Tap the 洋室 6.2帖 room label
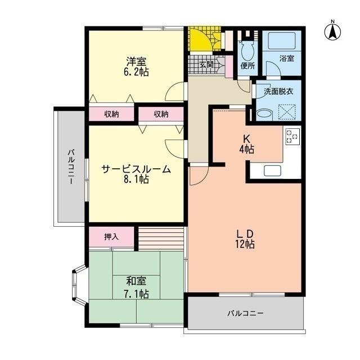(x=137, y=66)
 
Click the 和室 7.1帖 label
(x=137, y=287)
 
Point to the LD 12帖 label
(x=246, y=238)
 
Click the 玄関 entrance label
(x=206, y=65)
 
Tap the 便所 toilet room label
(x=247, y=66)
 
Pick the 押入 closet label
(x=111, y=237)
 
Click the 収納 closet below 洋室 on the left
(x=111, y=114)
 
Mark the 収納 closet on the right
(x=161, y=114)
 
